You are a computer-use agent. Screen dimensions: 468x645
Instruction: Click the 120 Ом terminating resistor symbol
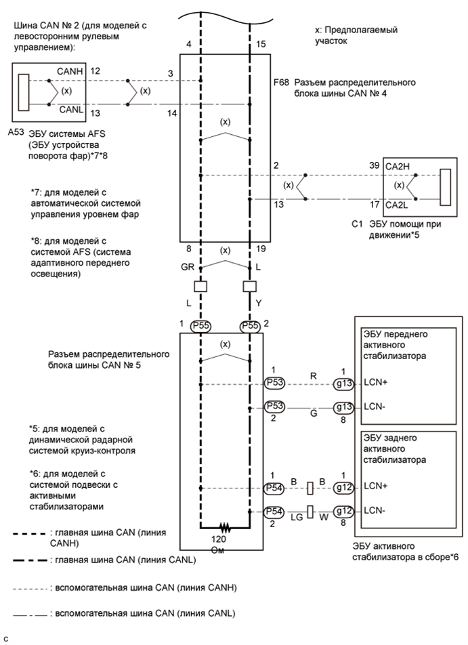(224, 526)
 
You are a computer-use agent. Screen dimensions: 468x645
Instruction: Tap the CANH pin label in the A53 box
(70, 72)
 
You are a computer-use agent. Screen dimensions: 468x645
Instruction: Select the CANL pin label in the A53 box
(70, 110)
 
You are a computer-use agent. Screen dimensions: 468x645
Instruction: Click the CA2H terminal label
(398, 167)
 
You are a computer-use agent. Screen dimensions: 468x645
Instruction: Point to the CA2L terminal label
(396, 205)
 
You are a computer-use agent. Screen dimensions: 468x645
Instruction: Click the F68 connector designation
(282, 82)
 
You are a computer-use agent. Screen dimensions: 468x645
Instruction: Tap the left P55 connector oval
(200, 326)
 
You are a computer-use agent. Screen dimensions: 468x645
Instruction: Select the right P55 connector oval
(250, 326)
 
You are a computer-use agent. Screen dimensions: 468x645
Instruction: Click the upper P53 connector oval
(274, 383)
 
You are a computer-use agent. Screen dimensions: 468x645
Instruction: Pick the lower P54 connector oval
(274, 512)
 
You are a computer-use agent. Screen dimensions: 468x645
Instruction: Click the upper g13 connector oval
(343, 384)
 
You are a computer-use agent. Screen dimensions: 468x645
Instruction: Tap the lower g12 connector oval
(343, 512)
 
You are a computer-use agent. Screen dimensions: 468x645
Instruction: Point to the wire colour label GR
(188, 268)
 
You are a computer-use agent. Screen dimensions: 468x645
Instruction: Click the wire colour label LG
(297, 517)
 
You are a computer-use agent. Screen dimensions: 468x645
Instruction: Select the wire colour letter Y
(258, 303)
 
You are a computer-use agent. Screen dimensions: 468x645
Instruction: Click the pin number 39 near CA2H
(375, 165)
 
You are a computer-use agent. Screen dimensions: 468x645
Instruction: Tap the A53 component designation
(16, 133)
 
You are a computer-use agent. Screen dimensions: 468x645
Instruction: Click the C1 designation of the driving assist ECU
(357, 225)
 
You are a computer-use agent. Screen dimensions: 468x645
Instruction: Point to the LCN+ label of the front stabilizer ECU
(376, 383)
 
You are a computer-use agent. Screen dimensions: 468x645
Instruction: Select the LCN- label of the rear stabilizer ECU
(375, 510)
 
